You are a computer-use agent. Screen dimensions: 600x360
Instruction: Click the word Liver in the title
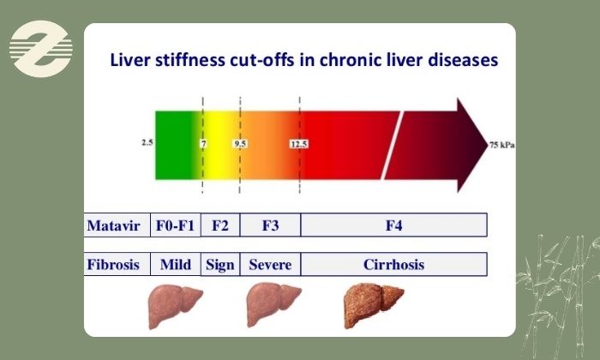pyautogui.click(x=129, y=60)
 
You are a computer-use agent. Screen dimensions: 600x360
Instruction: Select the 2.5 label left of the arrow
pyautogui.click(x=147, y=142)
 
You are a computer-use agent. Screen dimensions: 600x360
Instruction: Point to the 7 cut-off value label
pyautogui.click(x=204, y=144)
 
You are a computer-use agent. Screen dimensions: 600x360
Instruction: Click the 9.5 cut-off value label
pyautogui.click(x=240, y=144)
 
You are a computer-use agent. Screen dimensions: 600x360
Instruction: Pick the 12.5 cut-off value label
pyautogui.click(x=298, y=144)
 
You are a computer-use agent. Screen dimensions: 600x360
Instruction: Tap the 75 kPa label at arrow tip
pyautogui.click(x=502, y=145)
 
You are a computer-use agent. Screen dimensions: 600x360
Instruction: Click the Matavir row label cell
pyautogui.click(x=117, y=225)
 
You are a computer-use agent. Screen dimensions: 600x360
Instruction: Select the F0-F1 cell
pyautogui.click(x=175, y=225)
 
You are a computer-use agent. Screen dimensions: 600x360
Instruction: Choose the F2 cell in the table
pyautogui.click(x=220, y=225)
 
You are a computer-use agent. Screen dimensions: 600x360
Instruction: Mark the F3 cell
pyautogui.click(x=270, y=225)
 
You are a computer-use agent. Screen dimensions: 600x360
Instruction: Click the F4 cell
pyautogui.click(x=393, y=225)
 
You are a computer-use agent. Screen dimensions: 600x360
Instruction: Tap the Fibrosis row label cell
pyautogui.click(x=117, y=264)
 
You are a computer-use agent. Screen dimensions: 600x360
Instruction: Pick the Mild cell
pyautogui.click(x=175, y=264)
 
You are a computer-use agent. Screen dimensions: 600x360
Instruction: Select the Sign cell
pyautogui.click(x=220, y=264)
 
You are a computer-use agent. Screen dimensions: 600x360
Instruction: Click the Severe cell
pyautogui.click(x=270, y=264)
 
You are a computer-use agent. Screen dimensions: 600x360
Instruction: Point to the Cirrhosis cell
pyautogui.click(x=393, y=264)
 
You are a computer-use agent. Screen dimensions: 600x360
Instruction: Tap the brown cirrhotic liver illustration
pyautogui.click(x=372, y=305)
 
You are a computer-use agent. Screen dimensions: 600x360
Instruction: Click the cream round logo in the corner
pyautogui.click(x=41, y=49)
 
